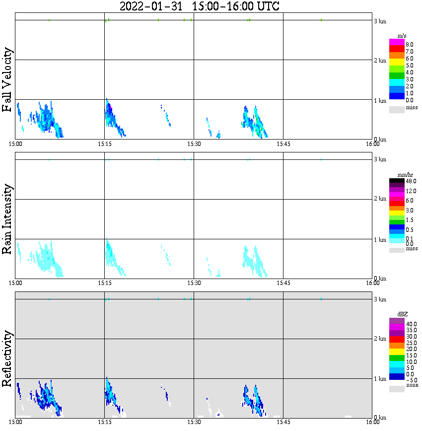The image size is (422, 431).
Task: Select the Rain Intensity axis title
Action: click(x=7, y=219)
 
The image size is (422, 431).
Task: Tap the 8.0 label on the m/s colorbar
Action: click(x=409, y=44)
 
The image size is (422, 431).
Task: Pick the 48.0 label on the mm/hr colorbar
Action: click(x=410, y=181)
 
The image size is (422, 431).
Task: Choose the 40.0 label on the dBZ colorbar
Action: click(x=411, y=324)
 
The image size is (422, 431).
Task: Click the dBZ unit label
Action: click(x=403, y=314)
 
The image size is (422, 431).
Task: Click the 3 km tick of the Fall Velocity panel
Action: click(x=380, y=21)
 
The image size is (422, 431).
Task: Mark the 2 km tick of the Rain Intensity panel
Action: click(x=380, y=199)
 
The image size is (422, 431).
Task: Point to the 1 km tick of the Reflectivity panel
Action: click(x=380, y=379)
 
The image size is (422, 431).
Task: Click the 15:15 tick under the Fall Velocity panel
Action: click(x=104, y=144)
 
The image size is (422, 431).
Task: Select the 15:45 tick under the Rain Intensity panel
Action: click(x=283, y=283)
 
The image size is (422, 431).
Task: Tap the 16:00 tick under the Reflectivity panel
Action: click(x=373, y=423)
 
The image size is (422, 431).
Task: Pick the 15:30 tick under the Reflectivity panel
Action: click(x=194, y=423)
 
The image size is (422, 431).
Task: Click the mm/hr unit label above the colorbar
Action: click(x=402, y=175)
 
